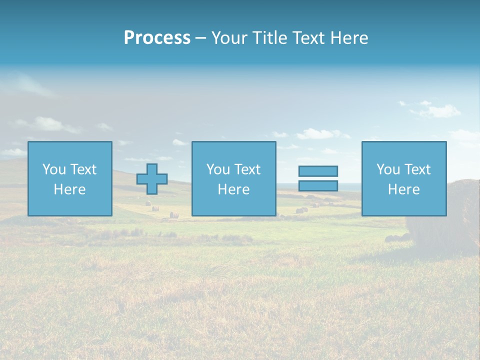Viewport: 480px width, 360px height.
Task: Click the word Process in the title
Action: tap(157, 38)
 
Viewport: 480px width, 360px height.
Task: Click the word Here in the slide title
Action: tap(349, 38)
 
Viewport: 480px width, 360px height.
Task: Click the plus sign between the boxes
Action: tap(152, 178)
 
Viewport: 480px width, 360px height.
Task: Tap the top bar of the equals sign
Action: tap(318, 171)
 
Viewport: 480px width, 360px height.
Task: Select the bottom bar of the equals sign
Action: tap(318, 185)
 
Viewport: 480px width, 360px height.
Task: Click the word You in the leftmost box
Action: tap(54, 169)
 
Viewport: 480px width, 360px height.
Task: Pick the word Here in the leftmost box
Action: tap(69, 189)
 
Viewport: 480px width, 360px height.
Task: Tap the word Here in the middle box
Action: tap(233, 189)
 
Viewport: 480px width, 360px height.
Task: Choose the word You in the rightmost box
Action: tap(388, 169)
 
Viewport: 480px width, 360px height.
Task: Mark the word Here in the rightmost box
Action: tap(403, 189)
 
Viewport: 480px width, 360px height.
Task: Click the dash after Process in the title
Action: tap(200, 38)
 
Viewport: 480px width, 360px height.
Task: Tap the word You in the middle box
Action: tap(218, 169)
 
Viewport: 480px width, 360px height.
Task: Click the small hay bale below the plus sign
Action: tap(173, 215)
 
